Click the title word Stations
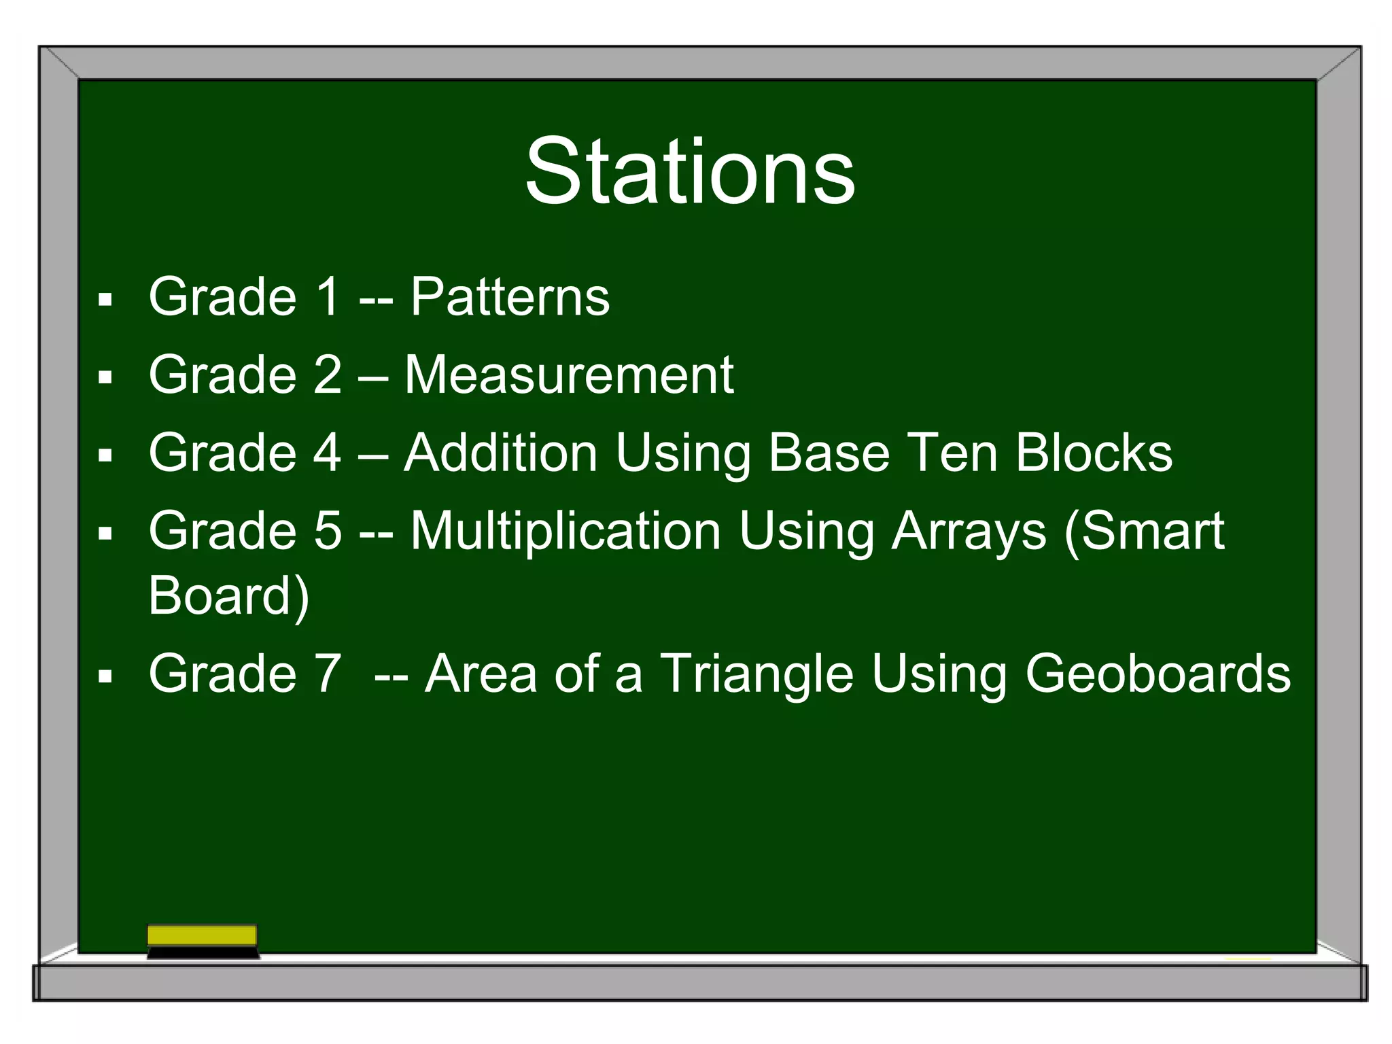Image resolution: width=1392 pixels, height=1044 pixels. tap(689, 171)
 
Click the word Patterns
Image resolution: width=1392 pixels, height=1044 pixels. tap(510, 297)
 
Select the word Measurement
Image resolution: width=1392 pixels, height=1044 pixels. tap(569, 375)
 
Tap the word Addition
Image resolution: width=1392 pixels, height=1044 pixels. tap(500, 453)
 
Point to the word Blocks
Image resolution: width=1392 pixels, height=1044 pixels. tap(1094, 453)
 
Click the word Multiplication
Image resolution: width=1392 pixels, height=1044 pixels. tap(565, 532)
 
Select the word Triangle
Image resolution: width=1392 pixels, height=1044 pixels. tap(756, 674)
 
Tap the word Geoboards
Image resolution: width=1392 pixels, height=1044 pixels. tap(1158, 674)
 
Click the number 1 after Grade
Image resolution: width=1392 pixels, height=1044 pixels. tap(328, 297)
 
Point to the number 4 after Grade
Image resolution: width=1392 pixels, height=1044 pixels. tap(328, 453)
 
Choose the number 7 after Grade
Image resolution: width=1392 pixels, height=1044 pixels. tap(328, 674)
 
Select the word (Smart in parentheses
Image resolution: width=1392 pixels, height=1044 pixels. tap(1145, 532)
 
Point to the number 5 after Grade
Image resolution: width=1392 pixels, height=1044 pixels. tap(328, 532)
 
